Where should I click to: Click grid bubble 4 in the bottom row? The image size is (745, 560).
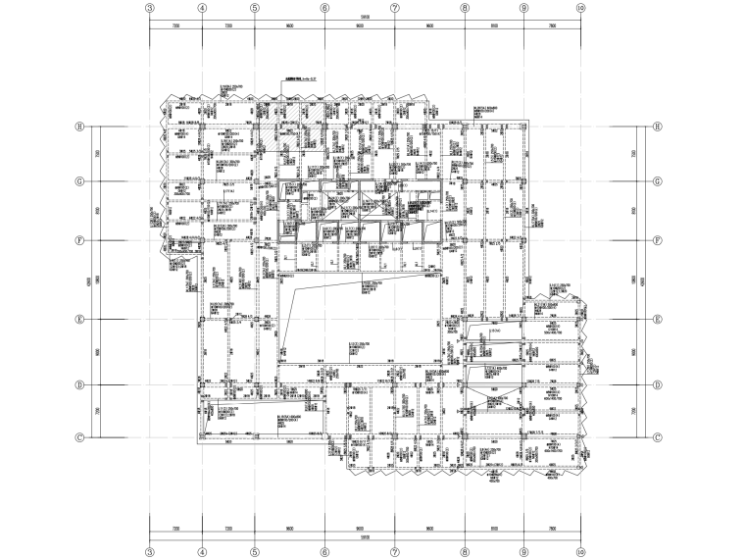click(202, 553)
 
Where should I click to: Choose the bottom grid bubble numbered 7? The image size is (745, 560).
click(395, 553)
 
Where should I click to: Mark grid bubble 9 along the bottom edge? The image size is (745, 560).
click(523, 553)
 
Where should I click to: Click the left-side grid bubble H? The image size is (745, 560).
click(82, 127)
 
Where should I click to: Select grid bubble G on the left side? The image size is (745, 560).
click(82, 180)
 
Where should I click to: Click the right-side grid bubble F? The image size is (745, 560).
click(658, 240)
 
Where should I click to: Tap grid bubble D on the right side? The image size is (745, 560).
click(658, 384)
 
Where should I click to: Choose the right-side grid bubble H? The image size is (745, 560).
click(658, 127)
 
